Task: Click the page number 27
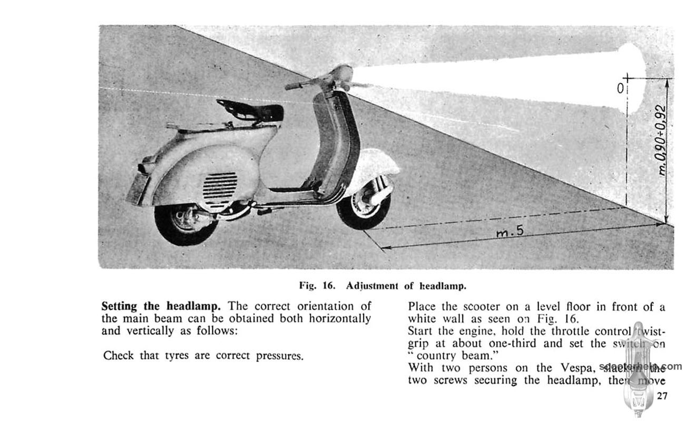pyautogui.click(x=662, y=396)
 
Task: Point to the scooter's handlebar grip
pyautogui.click(x=294, y=85)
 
